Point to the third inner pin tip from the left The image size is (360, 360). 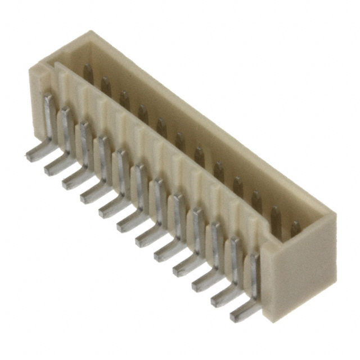point(124,100)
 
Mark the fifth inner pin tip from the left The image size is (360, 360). point(161,127)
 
